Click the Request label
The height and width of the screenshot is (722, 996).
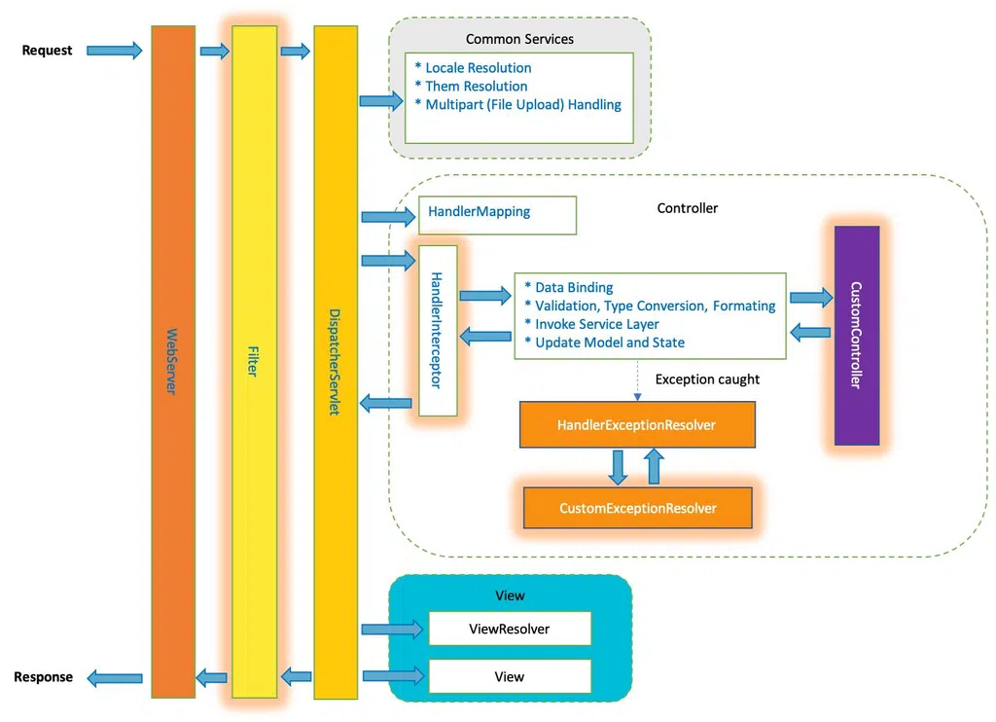point(47,51)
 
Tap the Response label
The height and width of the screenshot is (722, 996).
point(43,677)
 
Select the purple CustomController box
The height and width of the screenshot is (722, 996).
point(857,336)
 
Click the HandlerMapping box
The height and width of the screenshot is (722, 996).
point(497,215)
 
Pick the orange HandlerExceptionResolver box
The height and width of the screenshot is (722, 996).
point(637,424)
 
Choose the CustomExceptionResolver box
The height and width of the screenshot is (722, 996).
point(638,508)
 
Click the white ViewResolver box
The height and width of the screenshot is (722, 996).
point(510,629)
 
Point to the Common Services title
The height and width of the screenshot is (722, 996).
point(519,39)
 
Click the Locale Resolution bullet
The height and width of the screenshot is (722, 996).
point(474,68)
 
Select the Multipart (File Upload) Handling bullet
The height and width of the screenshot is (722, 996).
point(517,105)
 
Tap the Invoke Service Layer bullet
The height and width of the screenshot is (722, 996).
point(592,324)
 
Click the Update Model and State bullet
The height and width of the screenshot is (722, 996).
point(605,343)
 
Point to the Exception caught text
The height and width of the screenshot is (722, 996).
point(707,379)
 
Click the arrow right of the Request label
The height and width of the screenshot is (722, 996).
point(115,51)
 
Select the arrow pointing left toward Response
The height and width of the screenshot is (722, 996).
point(115,678)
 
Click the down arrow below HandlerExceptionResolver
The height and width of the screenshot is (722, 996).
point(618,467)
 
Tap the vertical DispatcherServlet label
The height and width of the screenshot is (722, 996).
point(335,362)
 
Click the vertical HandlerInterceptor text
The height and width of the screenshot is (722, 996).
point(437,330)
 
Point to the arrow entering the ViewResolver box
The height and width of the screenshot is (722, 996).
point(393,630)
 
